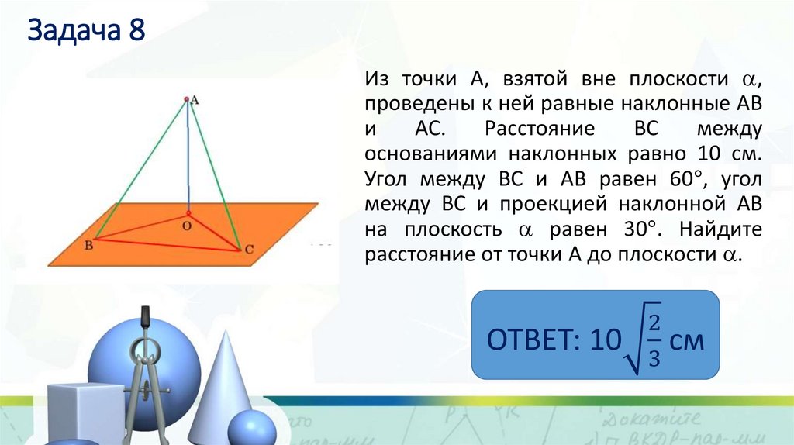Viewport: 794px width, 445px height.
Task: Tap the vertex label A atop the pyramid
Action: point(194,99)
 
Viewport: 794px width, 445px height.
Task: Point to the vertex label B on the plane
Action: point(88,245)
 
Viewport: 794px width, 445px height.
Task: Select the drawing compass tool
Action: point(145,372)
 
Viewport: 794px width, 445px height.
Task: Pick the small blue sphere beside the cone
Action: point(251,428)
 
